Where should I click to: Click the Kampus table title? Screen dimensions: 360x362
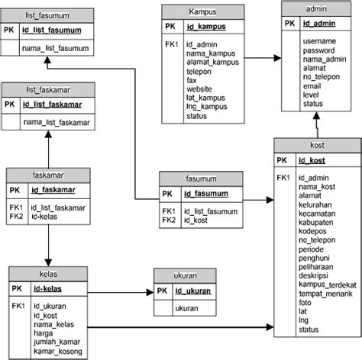tap(202, 11)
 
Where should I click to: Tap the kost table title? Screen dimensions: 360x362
tap(317, 145)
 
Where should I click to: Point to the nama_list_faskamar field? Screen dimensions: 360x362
tap(57, 122)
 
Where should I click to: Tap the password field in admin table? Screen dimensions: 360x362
tap(319, 50)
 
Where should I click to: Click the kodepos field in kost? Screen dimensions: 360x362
tap(314, 230)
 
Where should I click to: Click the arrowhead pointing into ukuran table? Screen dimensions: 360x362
tap(150, 291)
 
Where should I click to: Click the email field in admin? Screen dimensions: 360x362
tap(313, 86)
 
